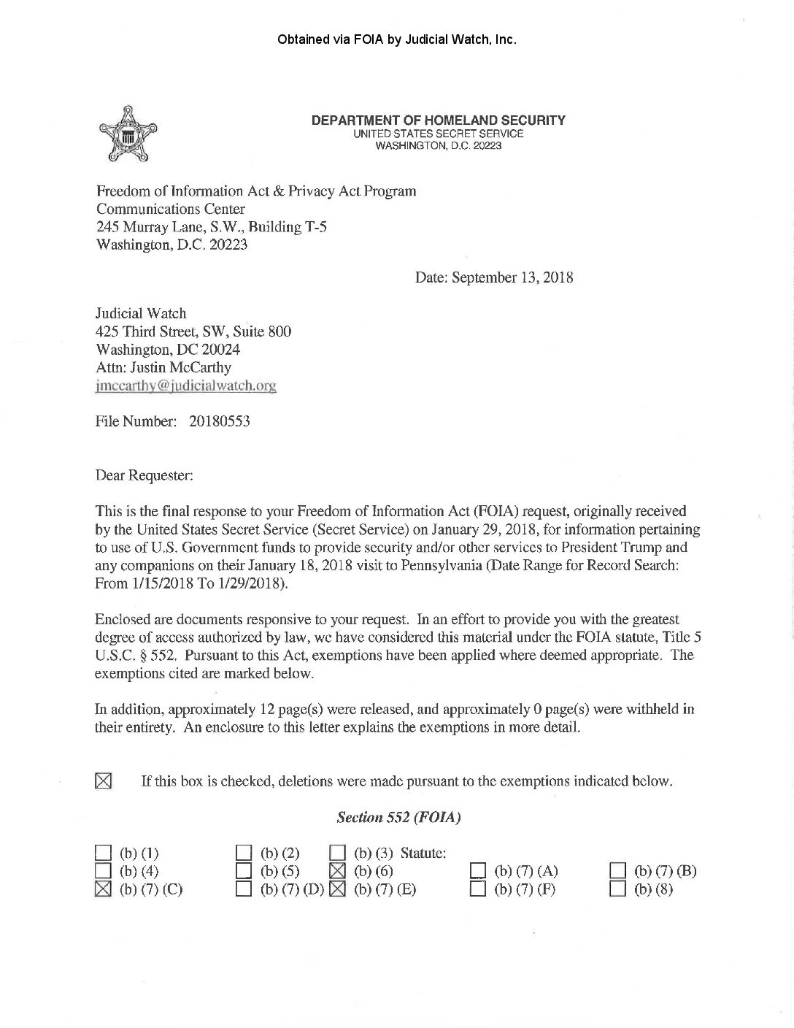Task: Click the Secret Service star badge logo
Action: [123, 135]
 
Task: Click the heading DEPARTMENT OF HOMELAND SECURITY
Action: [438, 120]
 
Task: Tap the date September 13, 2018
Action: [512, 277]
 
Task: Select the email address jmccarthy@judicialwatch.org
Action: [185, 385]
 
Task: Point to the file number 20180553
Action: [220, 421]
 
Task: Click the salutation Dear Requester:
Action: [144, 475]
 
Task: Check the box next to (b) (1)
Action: [103, 853]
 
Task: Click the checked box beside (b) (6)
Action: [337, 870]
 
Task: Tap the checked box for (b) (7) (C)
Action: [103, 889]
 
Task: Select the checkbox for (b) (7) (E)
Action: [337, 889]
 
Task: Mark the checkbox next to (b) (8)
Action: [618, 889]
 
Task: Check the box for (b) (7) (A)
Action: [478, 870]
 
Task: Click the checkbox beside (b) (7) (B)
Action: [618, 870]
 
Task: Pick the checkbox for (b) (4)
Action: [103, 870]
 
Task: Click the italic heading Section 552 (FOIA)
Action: [398, 818]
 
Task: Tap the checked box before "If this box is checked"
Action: [103, 781]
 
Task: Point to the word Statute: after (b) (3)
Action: [423, 853]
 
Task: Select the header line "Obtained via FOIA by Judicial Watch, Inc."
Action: [397, 39]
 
